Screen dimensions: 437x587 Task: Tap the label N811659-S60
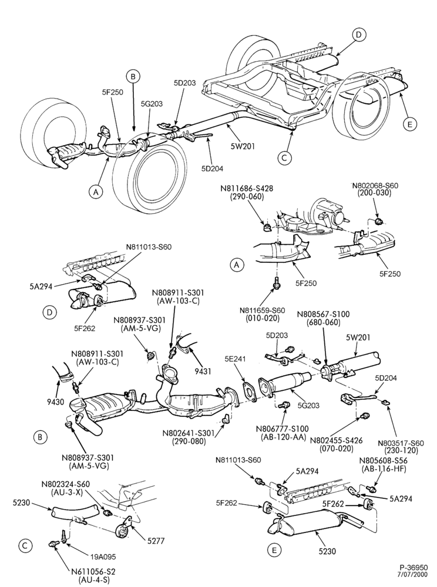263,311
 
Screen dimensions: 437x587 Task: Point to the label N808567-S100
323,314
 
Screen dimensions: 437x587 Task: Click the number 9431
203,372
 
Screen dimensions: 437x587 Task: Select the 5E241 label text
235,359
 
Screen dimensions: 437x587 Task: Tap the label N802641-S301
189,433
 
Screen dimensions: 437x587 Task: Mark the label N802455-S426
336,441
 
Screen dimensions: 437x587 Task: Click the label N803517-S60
401,443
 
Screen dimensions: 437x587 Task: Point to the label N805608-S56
383,460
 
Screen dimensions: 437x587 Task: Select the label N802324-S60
66,484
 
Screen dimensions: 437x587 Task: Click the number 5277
156,541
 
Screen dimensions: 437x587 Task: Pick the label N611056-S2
93,572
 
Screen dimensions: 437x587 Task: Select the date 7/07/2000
414,575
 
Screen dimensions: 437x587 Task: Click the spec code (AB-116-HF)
384,468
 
